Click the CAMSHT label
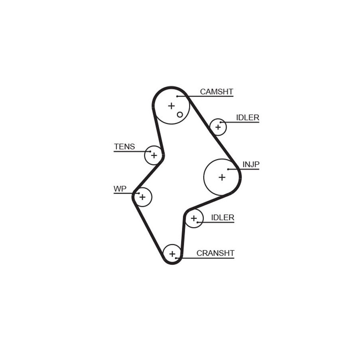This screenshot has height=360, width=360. click(216, 92)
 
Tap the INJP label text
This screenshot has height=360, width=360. click(251, 164)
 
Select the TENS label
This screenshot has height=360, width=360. click(124, 146)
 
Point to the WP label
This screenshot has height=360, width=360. click(120, 189)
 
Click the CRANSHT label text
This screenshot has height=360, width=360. click(215, 253)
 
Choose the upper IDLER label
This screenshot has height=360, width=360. click(248, 118)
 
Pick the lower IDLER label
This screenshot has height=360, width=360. click(222, 218)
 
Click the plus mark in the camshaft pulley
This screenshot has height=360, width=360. click(171, 106)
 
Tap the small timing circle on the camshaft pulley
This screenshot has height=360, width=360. click(180, 114)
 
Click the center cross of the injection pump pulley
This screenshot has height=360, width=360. click(222, 177)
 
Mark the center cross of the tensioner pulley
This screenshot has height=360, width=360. click(154, 156)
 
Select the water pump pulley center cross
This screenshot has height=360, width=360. click(142, 197)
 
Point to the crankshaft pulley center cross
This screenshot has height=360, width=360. click(172, 254)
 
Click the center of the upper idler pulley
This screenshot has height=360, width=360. click(218, 127)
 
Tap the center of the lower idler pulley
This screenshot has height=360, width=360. click(194, 218)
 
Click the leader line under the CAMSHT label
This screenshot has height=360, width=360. click(205, 96)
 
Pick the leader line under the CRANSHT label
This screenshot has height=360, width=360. click(205, 258)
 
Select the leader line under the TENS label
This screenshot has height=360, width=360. click(132, 152)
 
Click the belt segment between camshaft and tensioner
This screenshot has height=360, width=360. click(158, 130)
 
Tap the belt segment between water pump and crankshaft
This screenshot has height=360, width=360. click(148, 228)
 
